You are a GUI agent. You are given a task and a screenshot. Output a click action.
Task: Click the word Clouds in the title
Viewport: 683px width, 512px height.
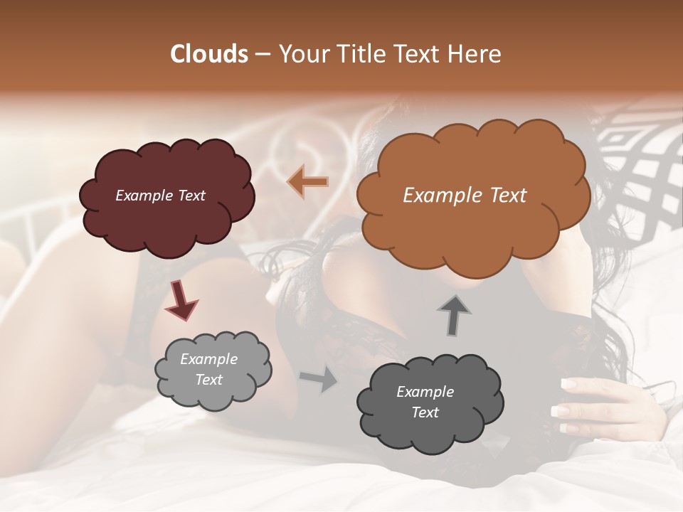tap(209, 54)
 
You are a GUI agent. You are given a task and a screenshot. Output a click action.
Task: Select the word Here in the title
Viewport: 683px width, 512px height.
tap(475, 54)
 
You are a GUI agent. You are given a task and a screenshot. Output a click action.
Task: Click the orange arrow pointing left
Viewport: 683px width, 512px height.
tap(308, 182)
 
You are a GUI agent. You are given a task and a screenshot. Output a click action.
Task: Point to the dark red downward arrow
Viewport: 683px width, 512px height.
tap(181, 299)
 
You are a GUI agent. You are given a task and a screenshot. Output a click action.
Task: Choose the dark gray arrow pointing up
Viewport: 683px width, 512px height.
tap(453, 316)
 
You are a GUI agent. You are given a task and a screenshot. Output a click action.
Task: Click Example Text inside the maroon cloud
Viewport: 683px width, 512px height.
tap(160, 196)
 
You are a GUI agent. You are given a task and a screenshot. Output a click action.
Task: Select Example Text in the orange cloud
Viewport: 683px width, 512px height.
tap(465, 196)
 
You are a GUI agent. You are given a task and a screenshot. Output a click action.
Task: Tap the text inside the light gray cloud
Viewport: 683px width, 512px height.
tap(208, 370)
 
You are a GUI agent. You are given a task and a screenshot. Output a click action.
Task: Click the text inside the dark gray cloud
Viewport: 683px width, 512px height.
tap(425, 402)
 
